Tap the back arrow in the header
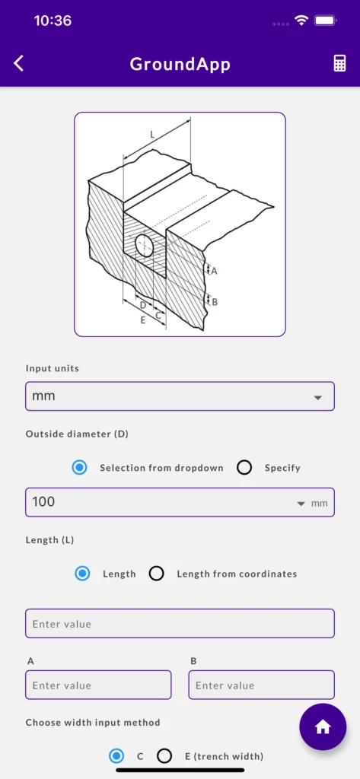click(18, 64)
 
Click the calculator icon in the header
click(339, 64)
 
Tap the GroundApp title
click(180, 64)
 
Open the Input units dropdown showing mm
click(180, 396)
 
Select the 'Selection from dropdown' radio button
click(80, 468)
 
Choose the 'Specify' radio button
click(244, 468)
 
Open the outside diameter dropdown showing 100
click(180, 502)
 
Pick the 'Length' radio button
click(82, 574)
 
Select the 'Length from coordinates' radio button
click(157, 574)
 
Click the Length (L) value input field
click(180, 624)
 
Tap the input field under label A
click(98, 685)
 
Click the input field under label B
click(262, 685)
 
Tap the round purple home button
click(323, 727)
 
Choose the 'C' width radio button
click(116, 756)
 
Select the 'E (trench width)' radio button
click(164, 756)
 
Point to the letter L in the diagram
click(153, 134)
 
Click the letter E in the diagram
click(143, 320)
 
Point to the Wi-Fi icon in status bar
click(301, 21)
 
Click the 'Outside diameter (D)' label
click(77, 434)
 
